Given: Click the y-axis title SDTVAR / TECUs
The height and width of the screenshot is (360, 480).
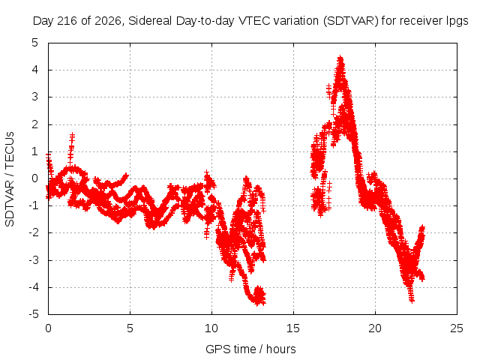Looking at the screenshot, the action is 10,179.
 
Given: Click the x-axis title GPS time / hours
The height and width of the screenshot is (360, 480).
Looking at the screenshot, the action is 250,349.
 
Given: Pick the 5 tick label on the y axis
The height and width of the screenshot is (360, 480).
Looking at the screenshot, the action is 35,43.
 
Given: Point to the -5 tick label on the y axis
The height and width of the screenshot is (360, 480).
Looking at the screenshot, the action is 34,314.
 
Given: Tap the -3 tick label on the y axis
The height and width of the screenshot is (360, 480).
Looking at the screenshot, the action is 34,260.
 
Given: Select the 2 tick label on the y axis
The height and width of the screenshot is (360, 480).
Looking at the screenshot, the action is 35,124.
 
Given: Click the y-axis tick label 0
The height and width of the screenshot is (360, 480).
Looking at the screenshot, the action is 35,178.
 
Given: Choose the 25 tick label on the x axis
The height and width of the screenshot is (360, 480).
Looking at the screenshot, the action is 457,328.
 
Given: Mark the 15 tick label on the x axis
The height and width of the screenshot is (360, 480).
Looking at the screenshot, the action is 293,328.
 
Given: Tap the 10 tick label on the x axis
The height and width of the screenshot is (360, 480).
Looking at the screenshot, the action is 211,328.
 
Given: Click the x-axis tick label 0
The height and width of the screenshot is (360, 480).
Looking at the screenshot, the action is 48,328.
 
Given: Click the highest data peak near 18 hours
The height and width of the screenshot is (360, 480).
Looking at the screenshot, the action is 340,58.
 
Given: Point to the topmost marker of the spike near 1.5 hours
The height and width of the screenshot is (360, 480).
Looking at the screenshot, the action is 72,135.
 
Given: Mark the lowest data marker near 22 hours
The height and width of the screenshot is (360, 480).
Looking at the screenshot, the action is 412,300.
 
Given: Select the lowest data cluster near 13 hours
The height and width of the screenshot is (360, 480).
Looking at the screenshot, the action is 259,296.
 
